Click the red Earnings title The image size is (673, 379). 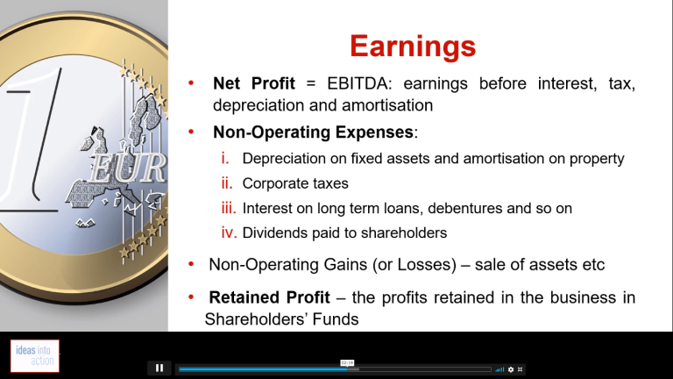(413, 46)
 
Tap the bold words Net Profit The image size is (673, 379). (253, 83)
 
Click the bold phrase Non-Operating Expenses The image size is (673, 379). (313, 132)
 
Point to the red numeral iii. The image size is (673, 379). (229, 208)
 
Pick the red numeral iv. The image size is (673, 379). (230, 232)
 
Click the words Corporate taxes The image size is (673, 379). (295, 183)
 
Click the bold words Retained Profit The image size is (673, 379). (269, 297)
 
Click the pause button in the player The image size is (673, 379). (159, 368)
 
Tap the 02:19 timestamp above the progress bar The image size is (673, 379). (347, 363)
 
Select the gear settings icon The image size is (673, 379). (511, 369)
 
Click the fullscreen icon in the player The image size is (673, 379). (520, 369)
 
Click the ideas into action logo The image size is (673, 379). (35, 356)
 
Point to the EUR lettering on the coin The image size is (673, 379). (128, 168)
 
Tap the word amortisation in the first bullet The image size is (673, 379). (387, 105)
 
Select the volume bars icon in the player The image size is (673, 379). (499, 369)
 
